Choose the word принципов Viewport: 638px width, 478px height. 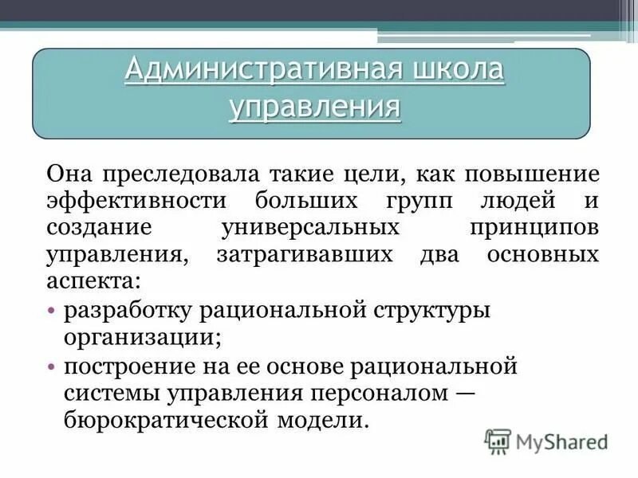point(531,228)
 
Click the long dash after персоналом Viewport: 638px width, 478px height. point(466,394)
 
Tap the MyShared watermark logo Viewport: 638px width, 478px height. point(546,441)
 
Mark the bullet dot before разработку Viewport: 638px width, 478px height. point(52,309)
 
